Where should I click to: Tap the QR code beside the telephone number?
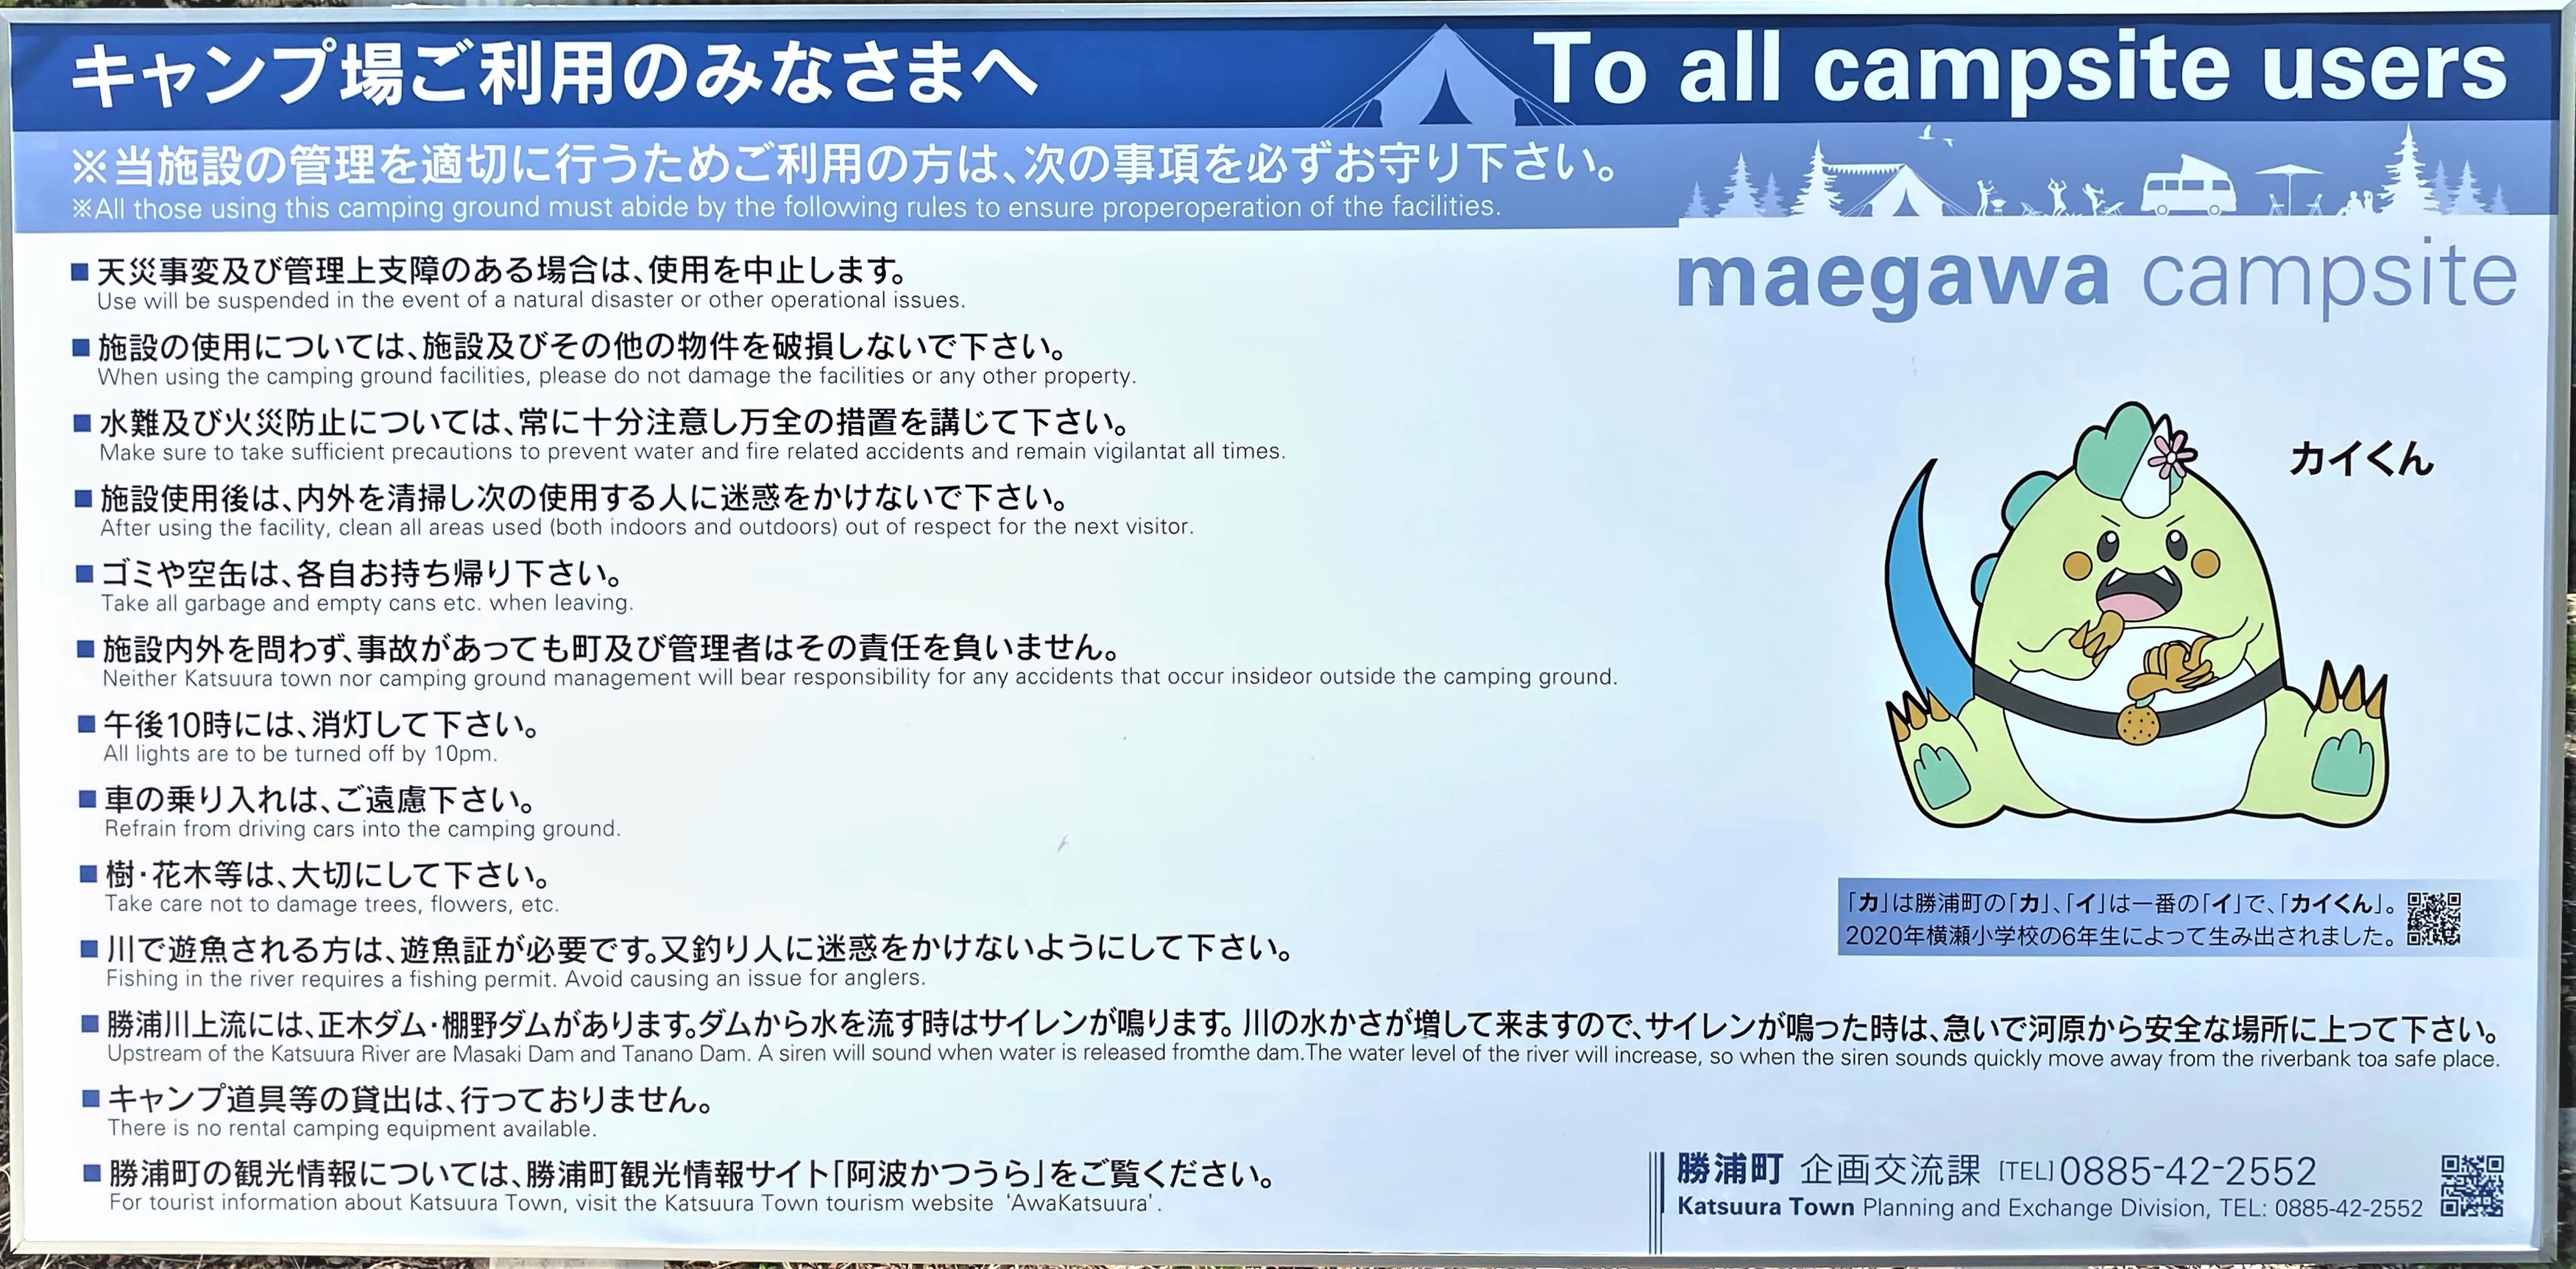(2472, 1185)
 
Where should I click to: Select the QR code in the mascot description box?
(2433, 918)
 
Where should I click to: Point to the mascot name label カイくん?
(2361, 459)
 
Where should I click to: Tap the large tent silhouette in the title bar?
(1440, 85)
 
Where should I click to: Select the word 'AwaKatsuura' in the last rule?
(1080, 1203)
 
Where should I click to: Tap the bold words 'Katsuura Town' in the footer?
(1765, 1207)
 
